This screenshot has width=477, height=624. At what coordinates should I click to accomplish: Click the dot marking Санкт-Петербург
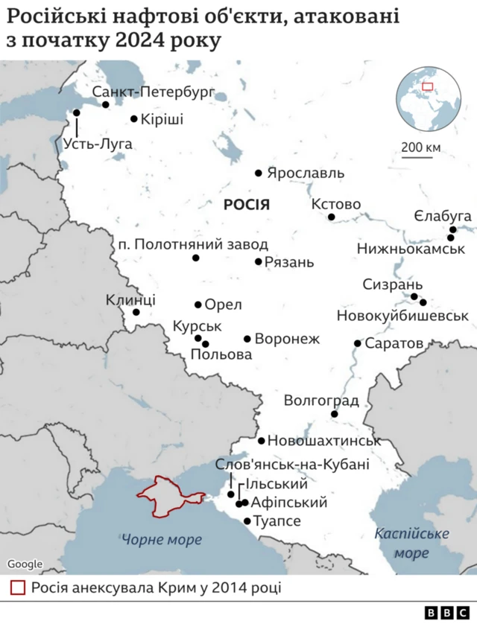click(106, 105)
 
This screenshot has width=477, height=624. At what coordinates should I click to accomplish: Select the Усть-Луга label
click(98, 144)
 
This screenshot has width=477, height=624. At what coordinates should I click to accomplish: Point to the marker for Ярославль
click(259, 173)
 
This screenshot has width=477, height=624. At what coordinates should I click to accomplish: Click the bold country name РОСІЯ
click(246, 205)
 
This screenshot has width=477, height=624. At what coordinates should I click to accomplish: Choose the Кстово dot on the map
click(332, 217)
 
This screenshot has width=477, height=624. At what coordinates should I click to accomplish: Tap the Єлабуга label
click(443, 216)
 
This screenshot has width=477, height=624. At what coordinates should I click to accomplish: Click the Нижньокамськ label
click(411, 248)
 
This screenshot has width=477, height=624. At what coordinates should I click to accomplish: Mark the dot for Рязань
click(259, 261)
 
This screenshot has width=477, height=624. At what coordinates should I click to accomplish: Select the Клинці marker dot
click(136, 312)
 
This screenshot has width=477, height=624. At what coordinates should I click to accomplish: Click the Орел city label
click(223, 305)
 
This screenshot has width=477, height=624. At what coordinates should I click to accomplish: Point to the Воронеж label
click(287, 339)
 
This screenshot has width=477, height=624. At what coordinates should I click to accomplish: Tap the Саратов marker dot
click(358, 343)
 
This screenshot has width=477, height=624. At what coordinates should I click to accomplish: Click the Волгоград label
click(321, 401)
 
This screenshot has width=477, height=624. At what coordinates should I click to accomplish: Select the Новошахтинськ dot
click(262, 440)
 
